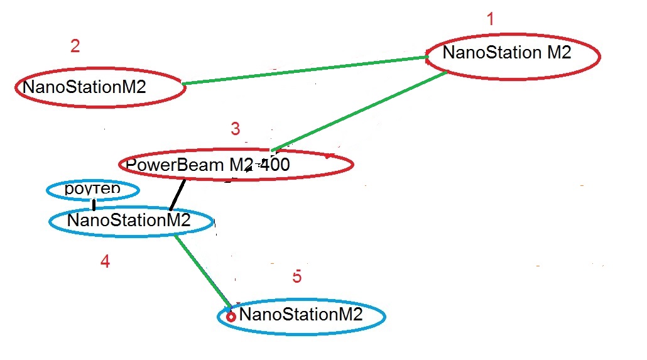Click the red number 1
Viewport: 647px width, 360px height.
[491, 19]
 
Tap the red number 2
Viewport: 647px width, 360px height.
[75, 46]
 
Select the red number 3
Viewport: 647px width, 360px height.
[235, 129]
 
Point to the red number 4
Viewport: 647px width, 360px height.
[105, 261]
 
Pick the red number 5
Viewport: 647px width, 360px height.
[297, 276]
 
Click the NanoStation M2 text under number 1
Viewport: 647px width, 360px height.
[506, 53]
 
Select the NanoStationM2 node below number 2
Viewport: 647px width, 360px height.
[84, 87]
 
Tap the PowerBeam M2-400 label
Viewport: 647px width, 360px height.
[207, 165]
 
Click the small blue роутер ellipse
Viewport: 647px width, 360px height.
[93, 189]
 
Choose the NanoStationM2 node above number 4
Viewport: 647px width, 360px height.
[128, 221]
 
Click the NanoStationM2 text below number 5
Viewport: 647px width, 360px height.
[301, 314]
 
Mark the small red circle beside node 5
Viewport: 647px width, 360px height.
[231, 317]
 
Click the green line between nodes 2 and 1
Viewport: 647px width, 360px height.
[305, 70]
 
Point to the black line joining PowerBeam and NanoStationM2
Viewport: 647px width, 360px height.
[178, 195]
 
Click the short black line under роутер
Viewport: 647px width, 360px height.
[94, 205]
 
